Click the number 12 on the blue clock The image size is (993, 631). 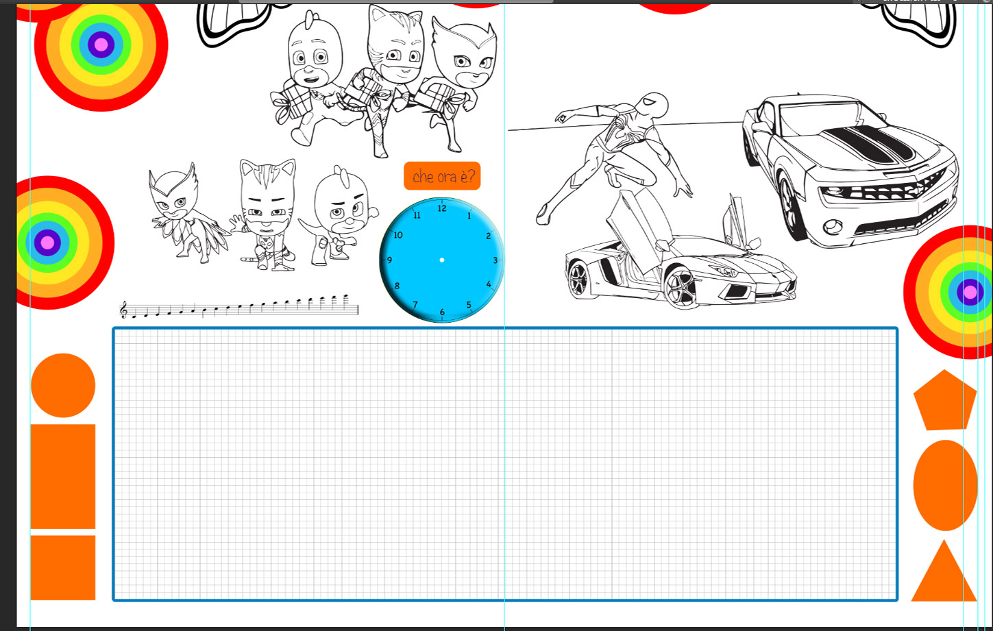[442, 208]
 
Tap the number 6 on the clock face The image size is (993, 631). [442, 312]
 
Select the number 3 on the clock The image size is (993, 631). [495, 260]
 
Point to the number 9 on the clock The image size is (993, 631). [389, 260]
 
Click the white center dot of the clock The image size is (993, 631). [441, 260]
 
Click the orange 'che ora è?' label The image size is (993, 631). [442, 176]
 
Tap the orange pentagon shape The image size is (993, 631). [944, 400]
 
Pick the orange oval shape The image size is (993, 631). [945, 485]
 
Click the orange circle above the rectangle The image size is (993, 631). [63, 385]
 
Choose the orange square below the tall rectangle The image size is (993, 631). [63, 568]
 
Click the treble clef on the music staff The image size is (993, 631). [123, 309]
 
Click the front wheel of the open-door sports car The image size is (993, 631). [681, 285]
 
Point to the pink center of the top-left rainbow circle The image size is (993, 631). [101, 45]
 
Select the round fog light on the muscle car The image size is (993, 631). [833, 227]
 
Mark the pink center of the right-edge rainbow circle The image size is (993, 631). [970, 293]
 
